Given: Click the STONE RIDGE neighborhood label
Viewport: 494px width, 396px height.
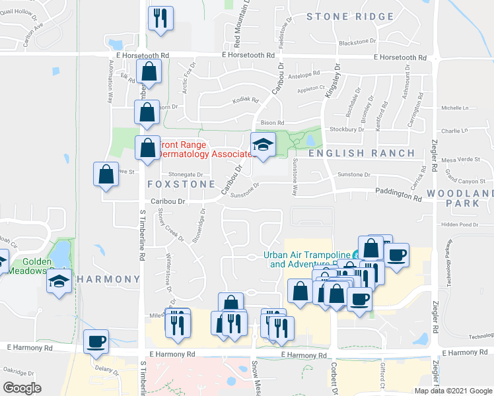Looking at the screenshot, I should pos(350,16).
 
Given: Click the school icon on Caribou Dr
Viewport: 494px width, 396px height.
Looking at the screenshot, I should pos(262,146).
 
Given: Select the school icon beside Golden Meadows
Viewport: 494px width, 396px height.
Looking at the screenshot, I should pos(59,282).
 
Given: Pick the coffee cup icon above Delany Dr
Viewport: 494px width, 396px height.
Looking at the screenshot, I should pos(96,341).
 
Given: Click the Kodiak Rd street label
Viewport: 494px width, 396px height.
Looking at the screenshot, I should pos(245,100).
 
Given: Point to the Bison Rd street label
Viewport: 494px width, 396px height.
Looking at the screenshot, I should pos(272,123).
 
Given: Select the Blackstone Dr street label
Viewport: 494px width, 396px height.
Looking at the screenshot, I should pos(357,42).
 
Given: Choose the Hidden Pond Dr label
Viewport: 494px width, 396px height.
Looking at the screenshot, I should pos(458,224).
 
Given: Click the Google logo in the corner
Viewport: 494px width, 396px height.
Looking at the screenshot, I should pos(22,388).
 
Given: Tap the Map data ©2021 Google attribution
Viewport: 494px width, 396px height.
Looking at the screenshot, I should pos(453,391).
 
